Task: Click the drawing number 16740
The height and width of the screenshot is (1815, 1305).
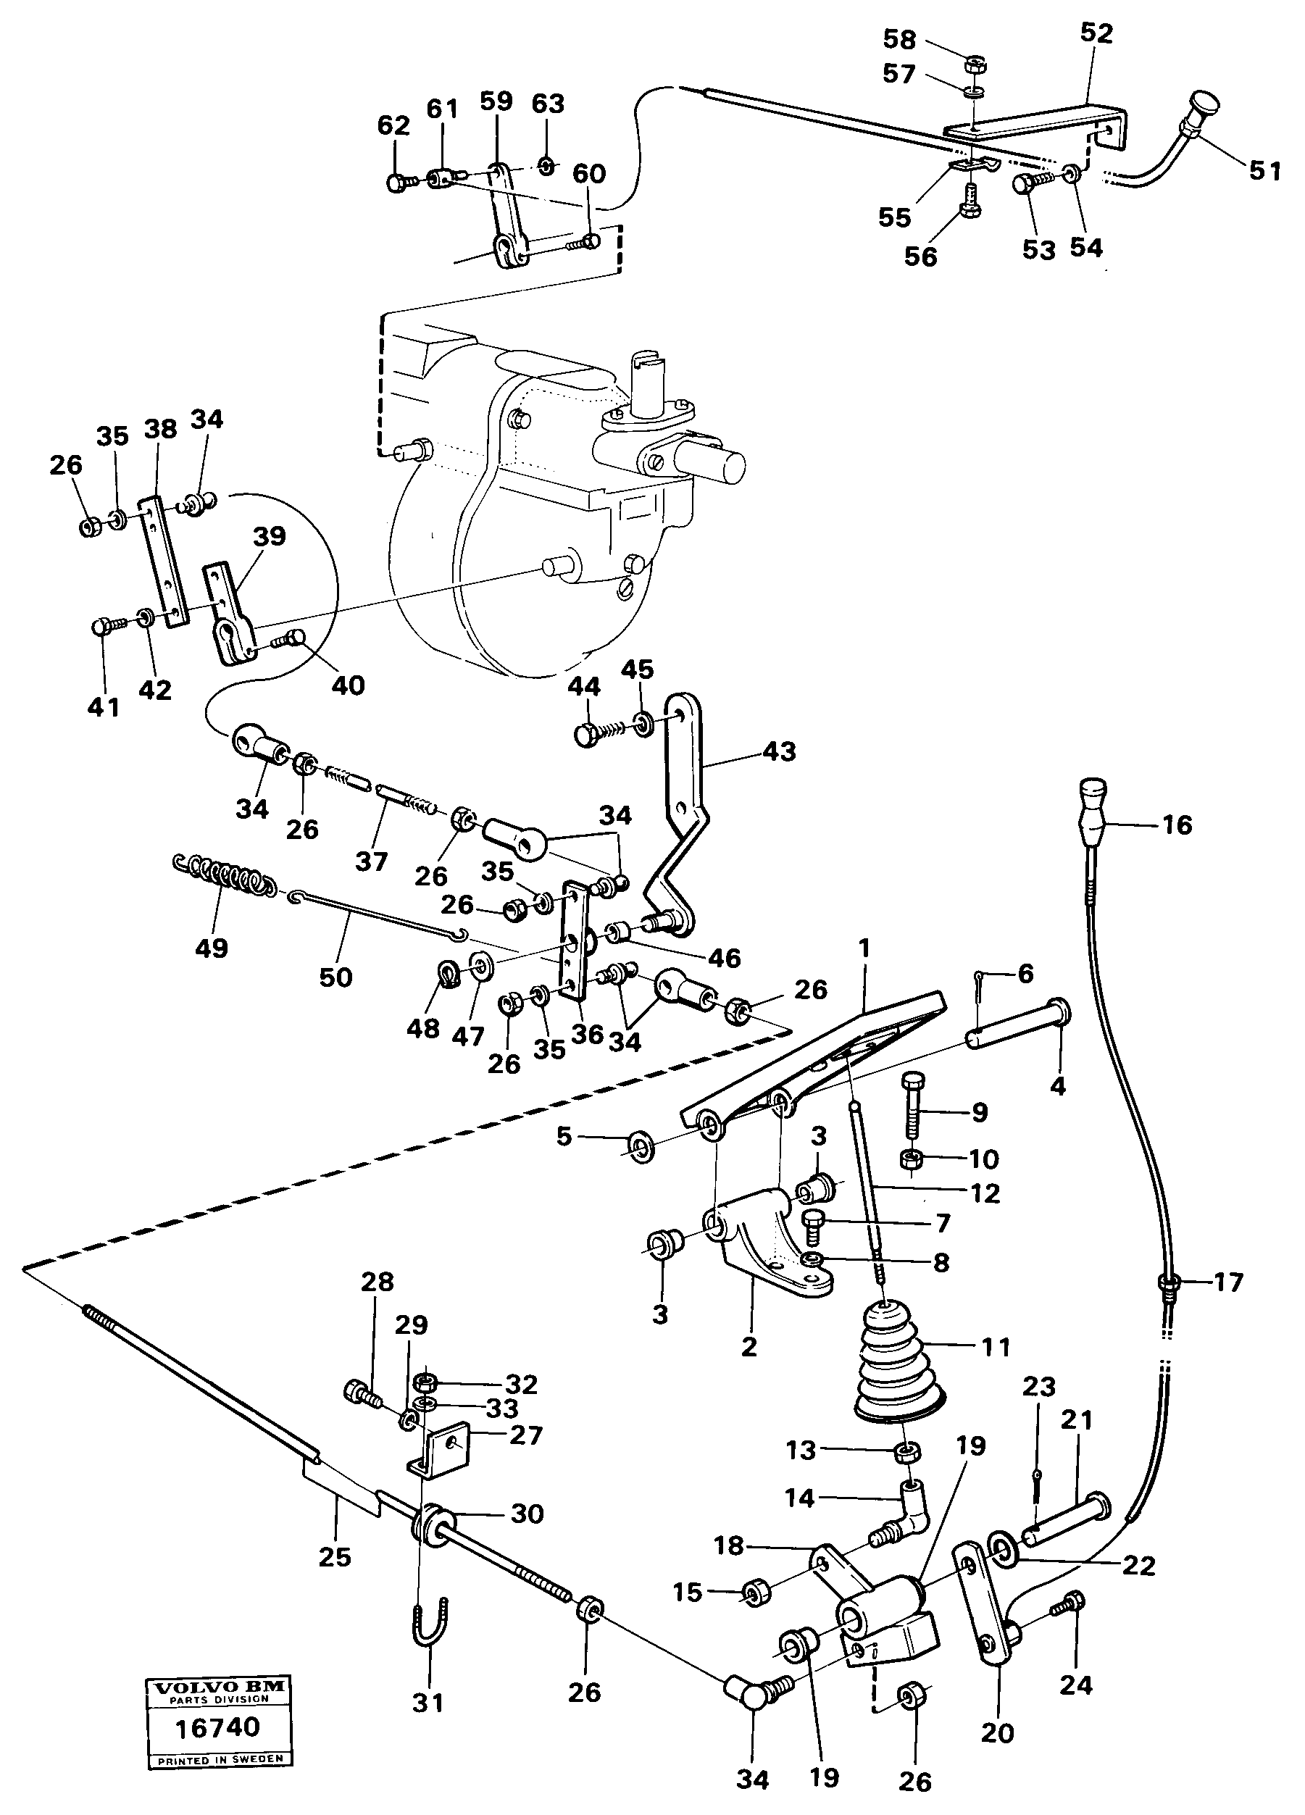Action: coord(217,1727)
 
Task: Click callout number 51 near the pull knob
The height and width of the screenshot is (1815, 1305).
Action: coord(1265,170)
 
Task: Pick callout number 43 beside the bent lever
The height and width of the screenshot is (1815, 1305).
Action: coord(780,751)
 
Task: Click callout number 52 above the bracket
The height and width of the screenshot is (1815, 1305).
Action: coord(1096,33)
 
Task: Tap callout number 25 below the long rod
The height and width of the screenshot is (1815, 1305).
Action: coord(335,1556)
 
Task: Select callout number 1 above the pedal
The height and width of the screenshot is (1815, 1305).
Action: coord(864,948)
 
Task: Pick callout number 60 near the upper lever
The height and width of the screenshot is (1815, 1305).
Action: coord(589,174)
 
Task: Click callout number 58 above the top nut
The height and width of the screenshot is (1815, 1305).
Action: coord(899,38)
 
